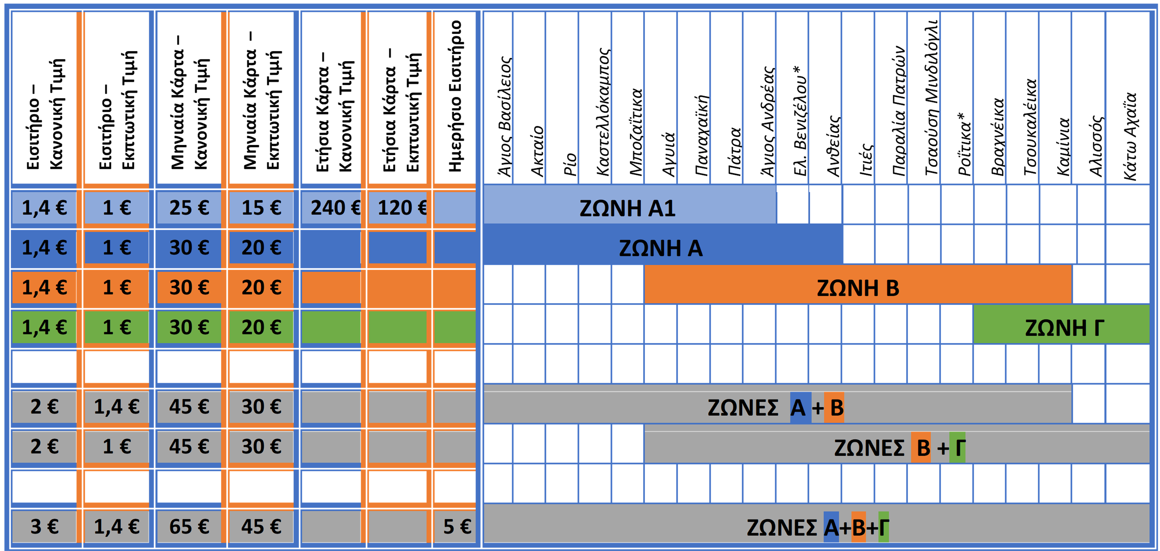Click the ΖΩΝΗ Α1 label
(627, 209)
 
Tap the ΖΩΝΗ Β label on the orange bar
(858, 288)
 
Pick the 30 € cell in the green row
(189, 327)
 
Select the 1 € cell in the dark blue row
(117, 247)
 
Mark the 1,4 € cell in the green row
(44, 327)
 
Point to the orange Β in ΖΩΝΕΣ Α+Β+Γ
(858, 528)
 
